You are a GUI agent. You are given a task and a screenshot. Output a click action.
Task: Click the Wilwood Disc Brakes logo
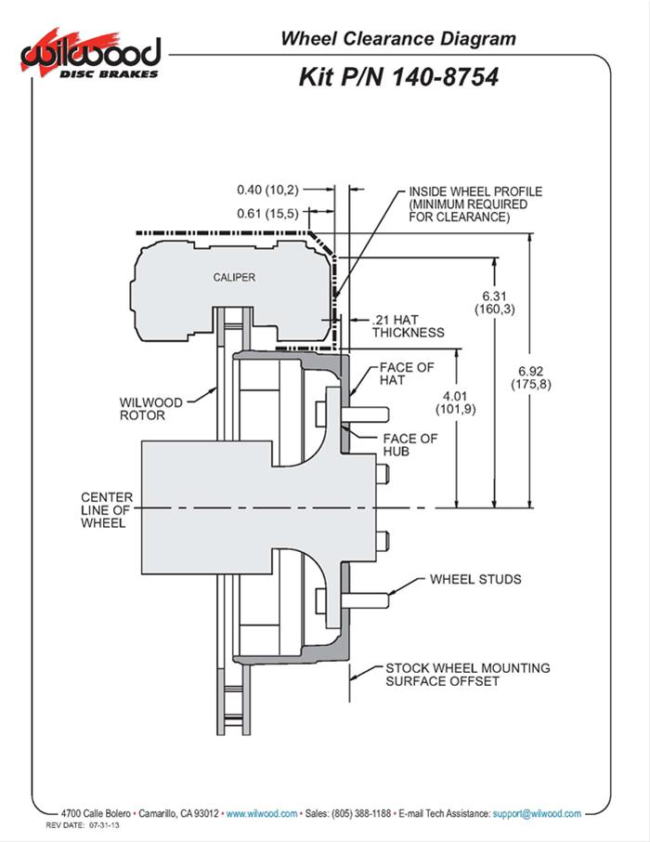pos(90,54)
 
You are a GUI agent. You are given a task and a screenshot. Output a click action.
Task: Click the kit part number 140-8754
pos(397,77)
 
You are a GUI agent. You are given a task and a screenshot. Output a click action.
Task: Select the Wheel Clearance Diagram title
pos(397,38)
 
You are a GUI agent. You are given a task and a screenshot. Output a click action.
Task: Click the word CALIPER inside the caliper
pos(234,277)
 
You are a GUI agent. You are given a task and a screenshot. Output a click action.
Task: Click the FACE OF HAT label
pos(406,374)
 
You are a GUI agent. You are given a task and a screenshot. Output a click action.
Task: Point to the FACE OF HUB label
pos(409,445)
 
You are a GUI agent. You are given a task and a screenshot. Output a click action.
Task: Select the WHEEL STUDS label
pos(474,579)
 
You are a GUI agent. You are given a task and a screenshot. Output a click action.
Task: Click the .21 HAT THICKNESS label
pos(407,325)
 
